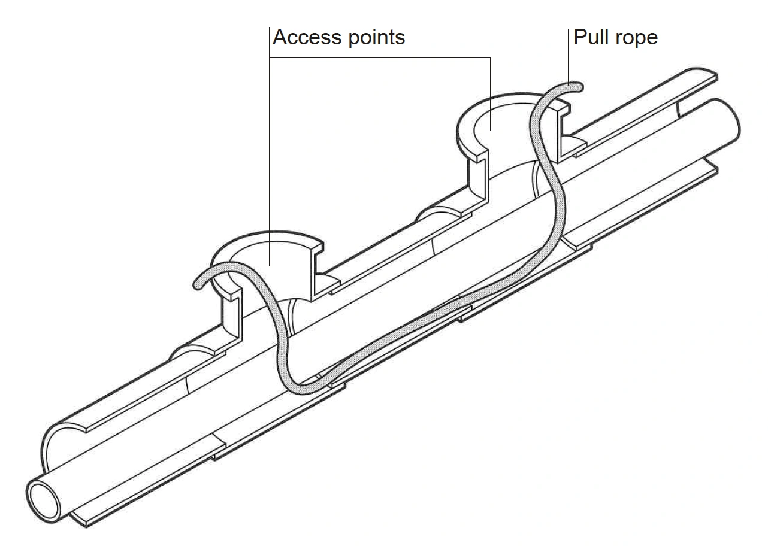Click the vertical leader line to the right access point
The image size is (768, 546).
[x=491, y=90]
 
